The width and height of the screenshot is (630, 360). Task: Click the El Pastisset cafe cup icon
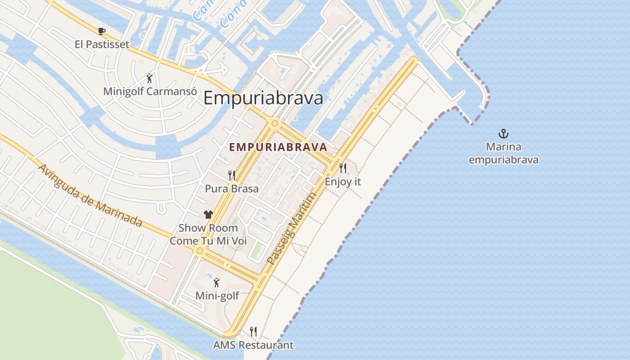(x=102, y=31)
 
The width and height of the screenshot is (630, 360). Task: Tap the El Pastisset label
(x=102, y=44)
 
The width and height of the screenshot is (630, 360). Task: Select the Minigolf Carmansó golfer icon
(x=149, y=78)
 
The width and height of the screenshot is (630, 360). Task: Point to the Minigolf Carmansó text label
(x=150, y=91)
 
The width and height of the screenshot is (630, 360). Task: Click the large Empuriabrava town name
(x=263, y=98)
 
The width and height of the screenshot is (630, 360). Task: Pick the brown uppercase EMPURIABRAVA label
(x=278, y=147)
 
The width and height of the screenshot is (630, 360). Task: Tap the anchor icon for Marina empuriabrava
(x=504, y=133)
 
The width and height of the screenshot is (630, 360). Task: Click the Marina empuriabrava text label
(x=504, y=153)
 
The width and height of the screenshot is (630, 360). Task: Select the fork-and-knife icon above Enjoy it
(x=343, y=168)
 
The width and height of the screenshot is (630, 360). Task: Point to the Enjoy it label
(x=343, y=182)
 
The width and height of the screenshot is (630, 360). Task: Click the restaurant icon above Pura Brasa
(x=232, y=175)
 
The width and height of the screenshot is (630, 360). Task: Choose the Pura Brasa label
(x=232, y=189)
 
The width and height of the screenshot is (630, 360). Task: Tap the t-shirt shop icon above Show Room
(x=208, y=215)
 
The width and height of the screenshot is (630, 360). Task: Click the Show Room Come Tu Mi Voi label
(x=208, y=234)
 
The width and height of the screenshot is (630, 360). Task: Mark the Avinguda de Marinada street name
(x=90, y=195)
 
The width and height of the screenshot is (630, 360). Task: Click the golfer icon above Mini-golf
(x=217, y=283)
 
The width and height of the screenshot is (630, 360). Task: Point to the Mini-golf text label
(x=217, y=296)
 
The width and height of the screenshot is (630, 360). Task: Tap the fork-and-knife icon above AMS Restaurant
(x=253, y=332)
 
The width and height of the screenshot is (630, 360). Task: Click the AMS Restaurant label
(x=253, y=345)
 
